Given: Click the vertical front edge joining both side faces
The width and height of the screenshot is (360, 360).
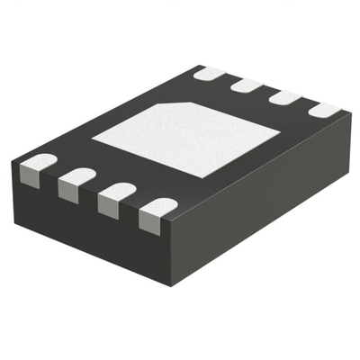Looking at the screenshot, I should (168, 243).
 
